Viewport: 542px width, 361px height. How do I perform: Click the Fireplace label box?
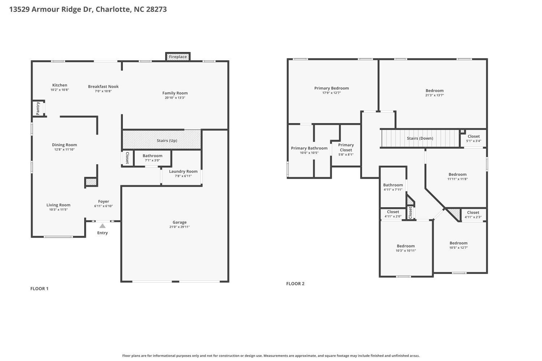(178, 57)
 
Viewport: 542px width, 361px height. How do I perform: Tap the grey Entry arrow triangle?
(103, 226)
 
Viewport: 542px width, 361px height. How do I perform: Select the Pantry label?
(38, 108)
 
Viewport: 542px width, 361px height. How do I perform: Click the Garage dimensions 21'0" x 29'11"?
(180, 227)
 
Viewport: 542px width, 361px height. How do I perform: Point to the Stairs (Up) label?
(167, 140)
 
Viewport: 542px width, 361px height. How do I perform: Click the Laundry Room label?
(183, 171)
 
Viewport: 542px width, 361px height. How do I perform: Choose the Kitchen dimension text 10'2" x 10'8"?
(60, 90)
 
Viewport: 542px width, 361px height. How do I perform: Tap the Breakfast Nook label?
(103, 87)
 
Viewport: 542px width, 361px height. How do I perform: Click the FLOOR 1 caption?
(39, 288)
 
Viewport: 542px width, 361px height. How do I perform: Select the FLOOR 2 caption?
(295, 283)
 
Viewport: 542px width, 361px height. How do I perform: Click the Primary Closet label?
(346, 147)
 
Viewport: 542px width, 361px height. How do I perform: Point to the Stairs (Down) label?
(420, 138)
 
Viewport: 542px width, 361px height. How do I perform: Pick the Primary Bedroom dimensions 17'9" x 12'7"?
(331, 93)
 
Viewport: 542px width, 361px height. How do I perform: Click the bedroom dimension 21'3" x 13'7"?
(434, 95)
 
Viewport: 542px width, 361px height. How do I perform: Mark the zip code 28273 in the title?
(156, 9)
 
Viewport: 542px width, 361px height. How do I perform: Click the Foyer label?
(103, 201)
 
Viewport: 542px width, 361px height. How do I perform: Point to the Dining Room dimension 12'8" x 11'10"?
(64, 149)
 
